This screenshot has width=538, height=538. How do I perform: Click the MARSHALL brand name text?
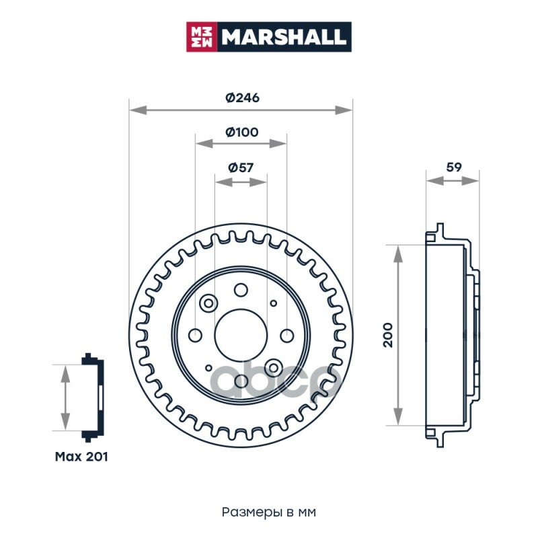284,36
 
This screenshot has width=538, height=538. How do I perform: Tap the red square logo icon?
200,36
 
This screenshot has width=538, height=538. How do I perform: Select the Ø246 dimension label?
242,98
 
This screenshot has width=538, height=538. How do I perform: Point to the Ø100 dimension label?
241,132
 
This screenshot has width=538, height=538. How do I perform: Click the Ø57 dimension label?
241,167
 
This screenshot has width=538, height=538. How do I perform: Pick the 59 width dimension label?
454,167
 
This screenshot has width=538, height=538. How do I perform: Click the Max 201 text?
81,457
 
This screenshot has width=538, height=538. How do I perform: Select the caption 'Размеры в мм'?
268,512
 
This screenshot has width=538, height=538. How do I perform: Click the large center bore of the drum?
241,336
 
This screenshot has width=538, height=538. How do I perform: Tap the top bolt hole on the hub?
241,290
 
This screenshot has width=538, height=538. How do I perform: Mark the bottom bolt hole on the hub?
241,381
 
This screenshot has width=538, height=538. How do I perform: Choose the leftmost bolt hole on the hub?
196,336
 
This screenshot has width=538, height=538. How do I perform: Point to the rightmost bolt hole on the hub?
286,336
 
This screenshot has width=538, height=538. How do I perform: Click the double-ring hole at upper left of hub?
208,303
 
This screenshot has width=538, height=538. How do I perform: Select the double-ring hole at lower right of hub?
273,368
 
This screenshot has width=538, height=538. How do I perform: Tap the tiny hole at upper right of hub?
273,304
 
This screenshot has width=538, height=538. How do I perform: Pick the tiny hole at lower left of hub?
209,368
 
